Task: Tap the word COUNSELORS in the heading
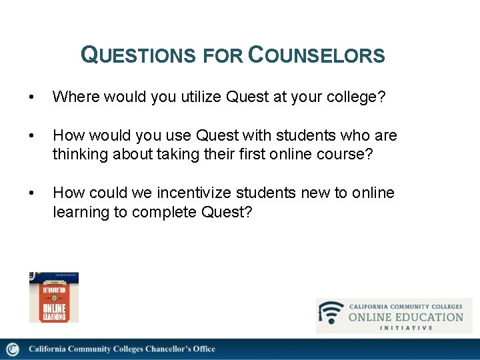point(316,55)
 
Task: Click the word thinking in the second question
point(79,155)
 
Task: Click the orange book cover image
point(54,297)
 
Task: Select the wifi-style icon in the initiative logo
point(331,313)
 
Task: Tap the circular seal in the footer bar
point(13,349)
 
